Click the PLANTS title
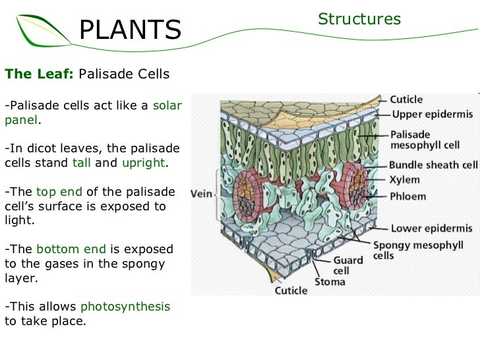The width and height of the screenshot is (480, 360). (x=130, y=30)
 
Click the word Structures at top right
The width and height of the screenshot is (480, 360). (x=359, y=19)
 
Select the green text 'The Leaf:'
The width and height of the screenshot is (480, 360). (x=40, y=74)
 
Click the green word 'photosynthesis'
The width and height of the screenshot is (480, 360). (x=125, y=307)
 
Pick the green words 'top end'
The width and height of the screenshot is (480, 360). (x=59, y=192)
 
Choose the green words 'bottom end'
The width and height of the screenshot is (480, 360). (x=71, y=249)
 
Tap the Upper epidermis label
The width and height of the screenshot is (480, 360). (x=432, y=114)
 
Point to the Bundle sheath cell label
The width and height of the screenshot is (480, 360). (x=433, y=165)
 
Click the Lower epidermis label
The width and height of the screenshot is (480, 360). (x=431, y=229)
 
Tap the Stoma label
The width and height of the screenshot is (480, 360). (x=329, y=282)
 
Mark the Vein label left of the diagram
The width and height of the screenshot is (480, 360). (x=201, y=194)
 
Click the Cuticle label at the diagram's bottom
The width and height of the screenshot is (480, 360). (x=291, y=290)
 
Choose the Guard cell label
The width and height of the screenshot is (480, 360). (x=348, y=265)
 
